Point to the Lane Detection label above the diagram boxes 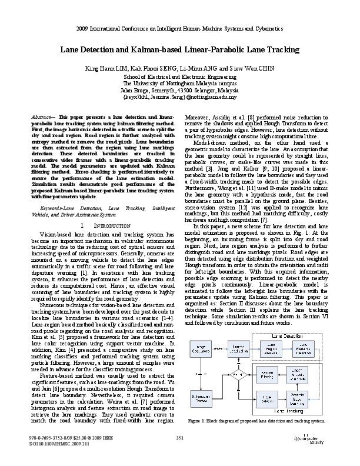pyautogui.click(x=298, y=334)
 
